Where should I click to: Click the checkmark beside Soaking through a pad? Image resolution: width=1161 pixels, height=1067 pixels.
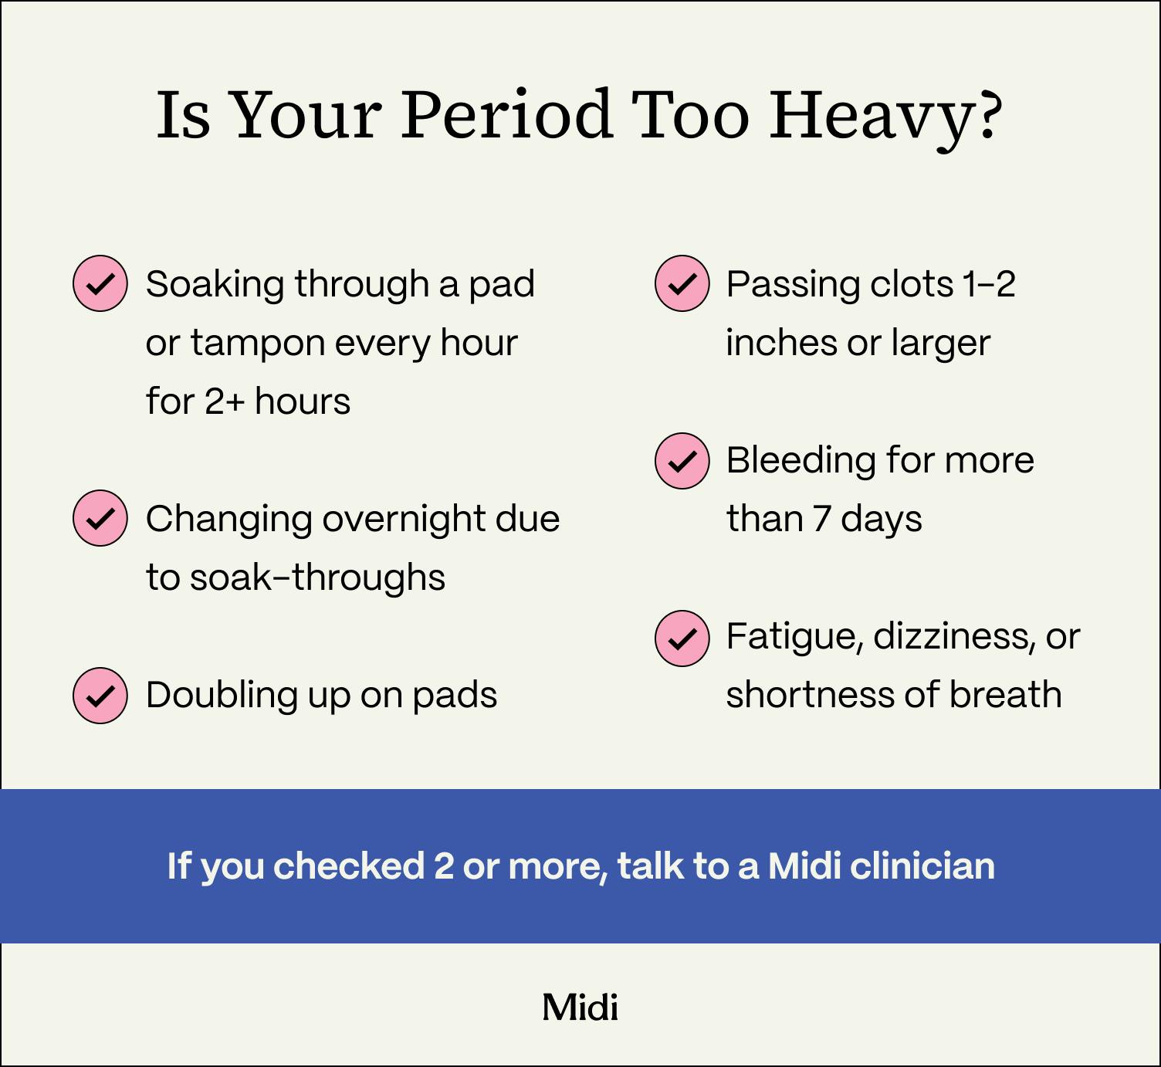(x=100, y=283)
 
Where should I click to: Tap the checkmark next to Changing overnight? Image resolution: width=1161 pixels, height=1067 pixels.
(x=100, y=518)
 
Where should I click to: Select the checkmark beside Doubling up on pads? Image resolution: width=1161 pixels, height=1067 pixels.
(x=100, y=695)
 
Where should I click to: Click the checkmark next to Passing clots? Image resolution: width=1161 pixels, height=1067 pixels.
(x=682, y=283)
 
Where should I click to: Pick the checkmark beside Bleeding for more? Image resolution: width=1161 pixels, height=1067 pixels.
(x=682, y=460)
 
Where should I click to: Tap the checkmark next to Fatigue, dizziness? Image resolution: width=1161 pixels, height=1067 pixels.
(x=682, y=638)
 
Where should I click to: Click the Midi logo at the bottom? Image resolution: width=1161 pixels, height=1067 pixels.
(x=580, y=1008)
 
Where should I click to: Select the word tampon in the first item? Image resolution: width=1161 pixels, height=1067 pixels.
(x=258, y=343)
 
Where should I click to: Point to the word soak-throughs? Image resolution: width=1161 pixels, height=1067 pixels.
(x=317, y=578)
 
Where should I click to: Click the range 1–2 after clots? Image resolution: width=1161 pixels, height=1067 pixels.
(x=989, y=284)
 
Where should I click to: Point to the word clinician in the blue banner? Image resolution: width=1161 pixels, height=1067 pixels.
(x=922, y=866)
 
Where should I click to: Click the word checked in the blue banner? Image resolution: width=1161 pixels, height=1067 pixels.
(x=349, y=866)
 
